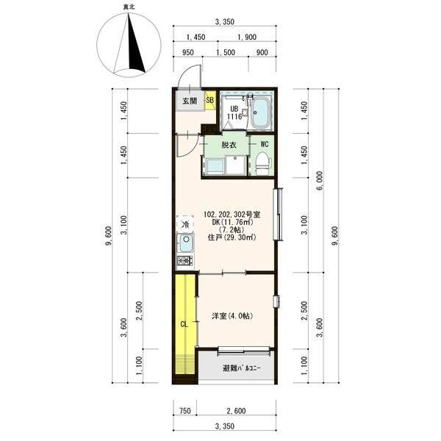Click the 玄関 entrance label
click(190, 101)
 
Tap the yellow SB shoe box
click(210, 100)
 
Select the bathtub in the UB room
click(260, 112)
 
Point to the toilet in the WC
click(262, 164)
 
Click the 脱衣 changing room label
click(229, 145)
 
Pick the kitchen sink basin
click(186, 243)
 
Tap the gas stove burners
click(185, 261)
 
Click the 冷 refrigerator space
click(185, 224)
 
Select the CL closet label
click(184, 325)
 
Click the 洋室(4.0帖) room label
click(232, 316)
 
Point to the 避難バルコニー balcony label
click(242, 368)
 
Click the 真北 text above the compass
click(129, 7)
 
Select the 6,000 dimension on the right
click(320, 181)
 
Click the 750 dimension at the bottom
click(185, 411)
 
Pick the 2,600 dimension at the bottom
click(236, 411)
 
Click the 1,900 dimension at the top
click(247, 37)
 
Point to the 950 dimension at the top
click(188, 52)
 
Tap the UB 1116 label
click(234, 112)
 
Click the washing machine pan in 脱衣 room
click(215, 167)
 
